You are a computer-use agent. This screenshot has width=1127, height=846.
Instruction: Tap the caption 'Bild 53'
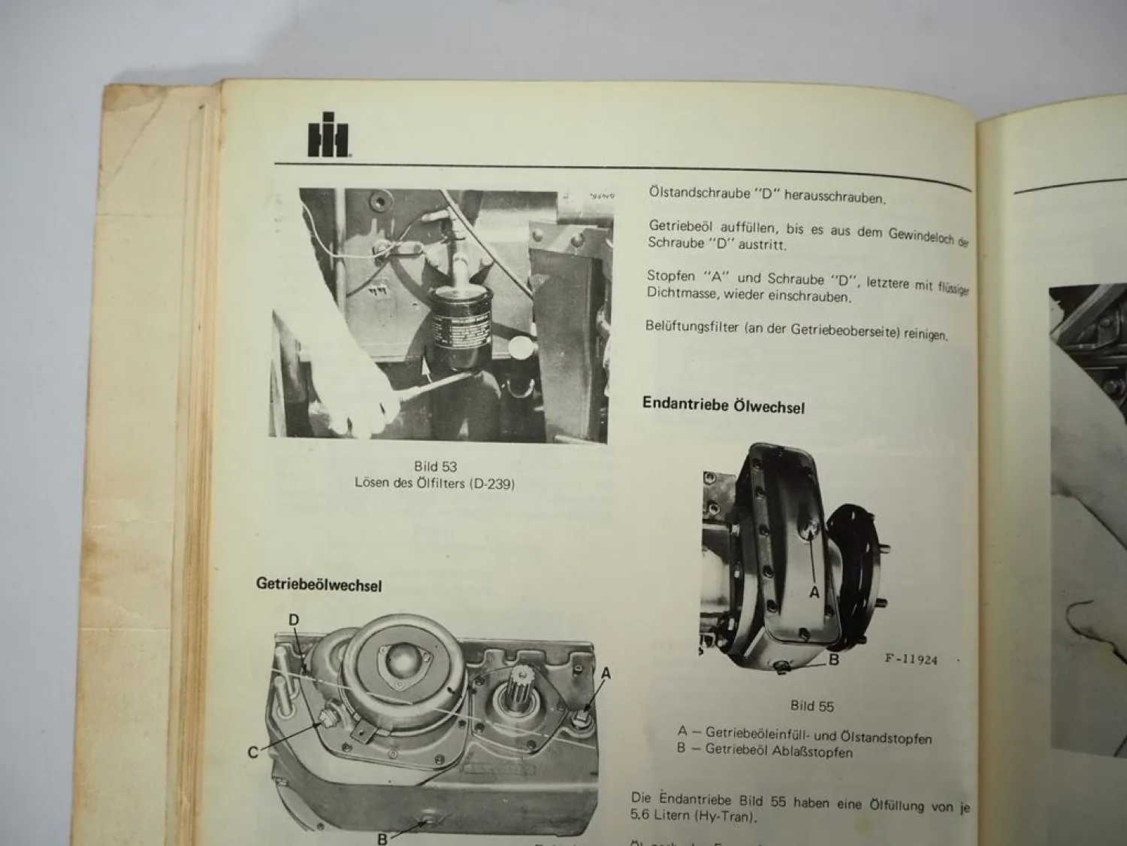pyautogui.click(x=435, y=466)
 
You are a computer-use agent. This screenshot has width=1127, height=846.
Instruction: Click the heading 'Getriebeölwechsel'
pyautogui.click(x=319, y=584)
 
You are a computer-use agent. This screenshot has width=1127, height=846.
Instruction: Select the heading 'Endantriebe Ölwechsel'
pyautogui.click(x=723, y=405)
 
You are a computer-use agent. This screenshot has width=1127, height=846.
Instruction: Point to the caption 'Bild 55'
pyautogui.click(x=811, y=705)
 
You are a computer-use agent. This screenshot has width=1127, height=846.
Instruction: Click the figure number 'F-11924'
pyautogui.click(x=911, y=660)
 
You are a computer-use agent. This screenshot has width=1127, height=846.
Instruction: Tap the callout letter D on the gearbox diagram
pyautogui.click(x=294, y=620)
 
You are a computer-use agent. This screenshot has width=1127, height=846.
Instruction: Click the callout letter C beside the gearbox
pyautogui.click(x=253, y=752)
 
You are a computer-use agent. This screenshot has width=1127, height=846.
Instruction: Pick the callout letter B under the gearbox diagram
pyautogui.click(x=382, y=838)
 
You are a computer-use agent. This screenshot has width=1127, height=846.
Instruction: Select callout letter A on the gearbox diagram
pyautogui.click(x=606, y=674)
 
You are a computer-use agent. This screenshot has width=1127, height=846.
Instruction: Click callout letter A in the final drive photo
pyautogui.click(x=814, y=593)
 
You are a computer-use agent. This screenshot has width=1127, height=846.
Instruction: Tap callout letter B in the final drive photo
pyautogui.click(x=833, y=660)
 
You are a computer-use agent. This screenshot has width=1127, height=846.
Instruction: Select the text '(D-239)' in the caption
pyautogui.click(x=491, y=484)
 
